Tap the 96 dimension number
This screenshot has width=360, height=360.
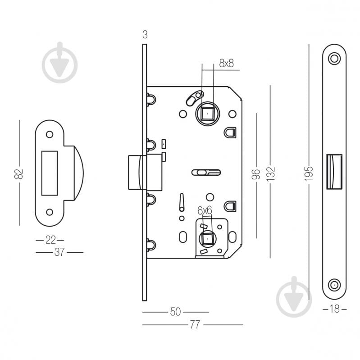click(255, 174)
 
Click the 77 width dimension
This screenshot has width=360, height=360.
click(195, 325)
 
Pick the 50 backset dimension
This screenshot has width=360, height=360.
click(175, 312)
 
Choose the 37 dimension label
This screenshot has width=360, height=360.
click(59, 252)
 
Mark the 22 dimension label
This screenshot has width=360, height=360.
click(50, 240)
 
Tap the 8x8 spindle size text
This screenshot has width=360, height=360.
click(227, 64)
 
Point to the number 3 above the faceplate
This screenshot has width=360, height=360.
click(144, 35)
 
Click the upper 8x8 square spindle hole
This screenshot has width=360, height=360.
click(207, 114)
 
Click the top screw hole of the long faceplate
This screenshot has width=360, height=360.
click(334, 59)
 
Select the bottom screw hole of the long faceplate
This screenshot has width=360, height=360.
click(334, 285)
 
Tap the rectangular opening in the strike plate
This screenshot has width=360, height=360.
click(50, 173)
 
